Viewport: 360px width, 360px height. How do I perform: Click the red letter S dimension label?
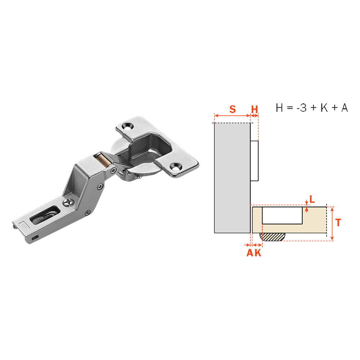232,109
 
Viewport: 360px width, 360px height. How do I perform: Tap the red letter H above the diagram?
255,109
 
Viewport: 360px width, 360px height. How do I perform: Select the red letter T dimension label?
338,222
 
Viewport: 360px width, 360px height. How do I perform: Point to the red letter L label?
312,199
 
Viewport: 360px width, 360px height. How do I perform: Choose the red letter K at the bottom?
258,253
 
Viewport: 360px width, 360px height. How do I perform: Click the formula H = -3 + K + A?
312,108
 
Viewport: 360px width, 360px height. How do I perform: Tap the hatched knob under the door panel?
272,237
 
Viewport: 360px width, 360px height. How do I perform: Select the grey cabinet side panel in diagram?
232,178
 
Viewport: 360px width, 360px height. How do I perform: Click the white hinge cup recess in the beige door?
282,215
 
